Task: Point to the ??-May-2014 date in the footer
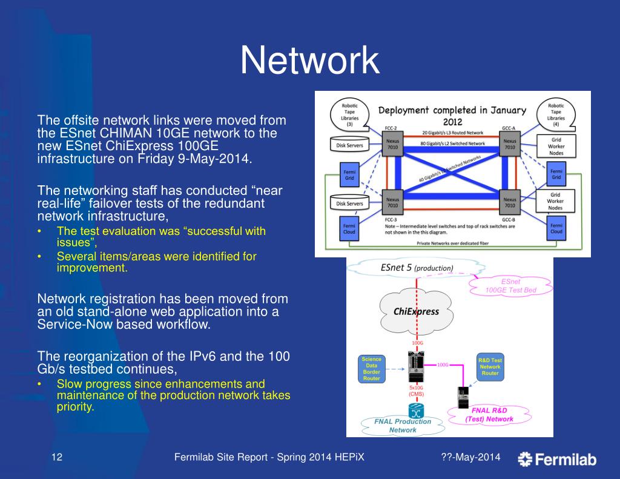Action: (x=470, y=457)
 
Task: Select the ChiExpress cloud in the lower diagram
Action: (x=417, y=311)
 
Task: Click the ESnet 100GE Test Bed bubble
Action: (x=510, y=286)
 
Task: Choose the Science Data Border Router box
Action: (x=371, y=369)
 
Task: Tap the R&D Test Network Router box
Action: (x=490, y=367)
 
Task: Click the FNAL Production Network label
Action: (x=402, y=425)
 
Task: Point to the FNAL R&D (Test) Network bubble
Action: (x=489, y=415)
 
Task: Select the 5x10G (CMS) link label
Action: (x=416, y=391)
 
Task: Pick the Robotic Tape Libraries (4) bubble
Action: (x=556, y=113)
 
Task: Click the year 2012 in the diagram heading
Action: (x=452, y=122)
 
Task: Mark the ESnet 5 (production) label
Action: (x=416, y=267)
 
